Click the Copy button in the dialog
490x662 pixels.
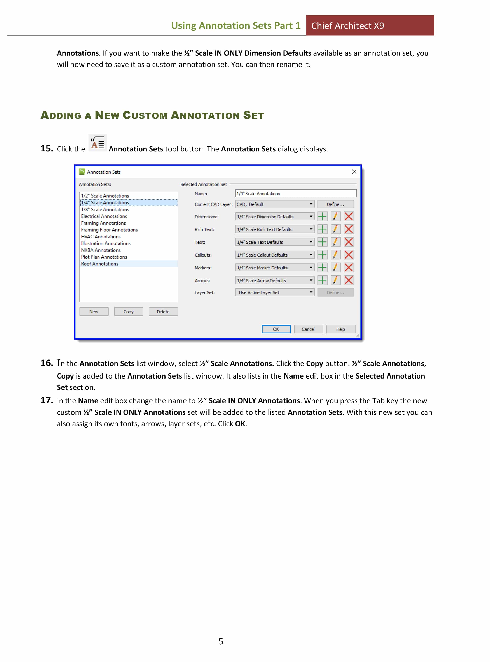[128, 312]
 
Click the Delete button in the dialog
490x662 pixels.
[163, 312]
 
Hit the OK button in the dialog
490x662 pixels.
[276, 329]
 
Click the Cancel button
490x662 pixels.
[308, 329]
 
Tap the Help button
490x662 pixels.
[340, 329]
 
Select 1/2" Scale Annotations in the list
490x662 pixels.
[105, 196]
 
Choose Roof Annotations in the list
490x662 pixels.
[100, 264]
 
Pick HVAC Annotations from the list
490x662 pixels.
[101, 237]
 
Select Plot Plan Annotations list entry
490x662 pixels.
[104, 257]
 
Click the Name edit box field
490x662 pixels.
[296, 193]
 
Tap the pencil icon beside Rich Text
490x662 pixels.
[335, 229]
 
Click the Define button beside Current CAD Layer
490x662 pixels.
[335, 204]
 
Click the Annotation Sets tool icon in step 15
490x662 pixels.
[97, 143]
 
